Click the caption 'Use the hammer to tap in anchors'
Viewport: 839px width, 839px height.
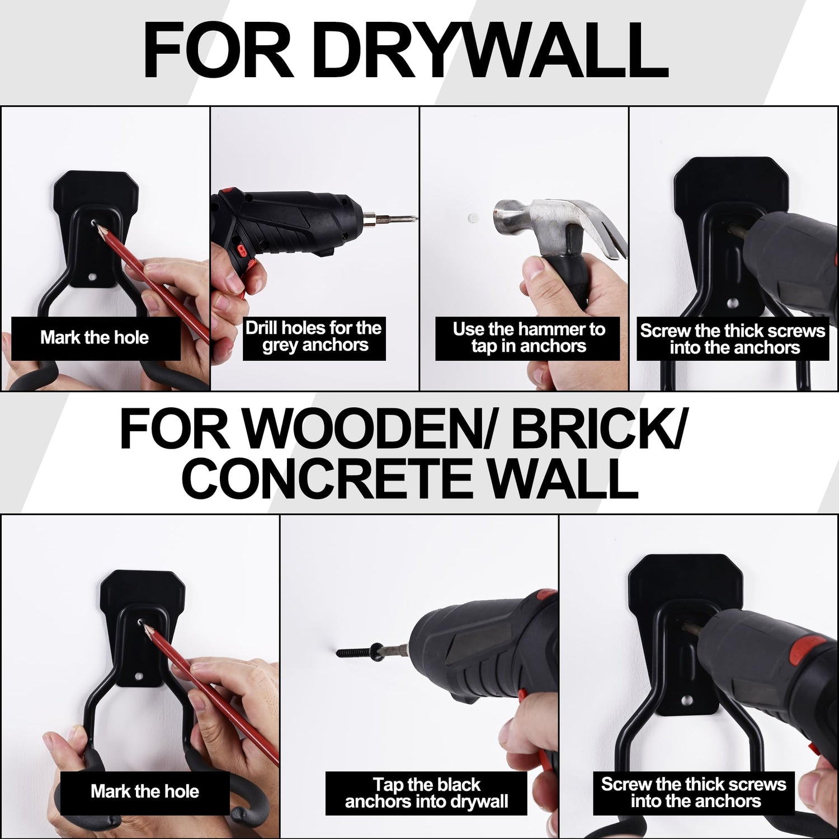[x=529, y=337]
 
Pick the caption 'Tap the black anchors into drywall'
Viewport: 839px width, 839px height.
[x=426, y=794]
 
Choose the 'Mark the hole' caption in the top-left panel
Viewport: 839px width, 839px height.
[x=95, y=338]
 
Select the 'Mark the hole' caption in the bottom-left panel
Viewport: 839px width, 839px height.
[x=145, y=791]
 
